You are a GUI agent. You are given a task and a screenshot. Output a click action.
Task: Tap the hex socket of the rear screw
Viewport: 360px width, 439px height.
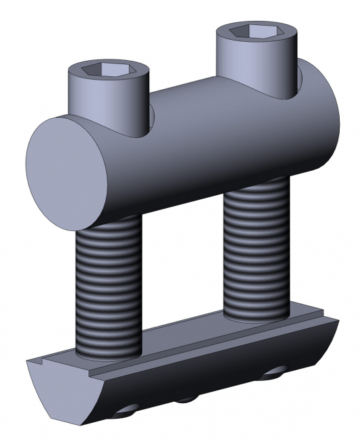pos(255,31)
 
